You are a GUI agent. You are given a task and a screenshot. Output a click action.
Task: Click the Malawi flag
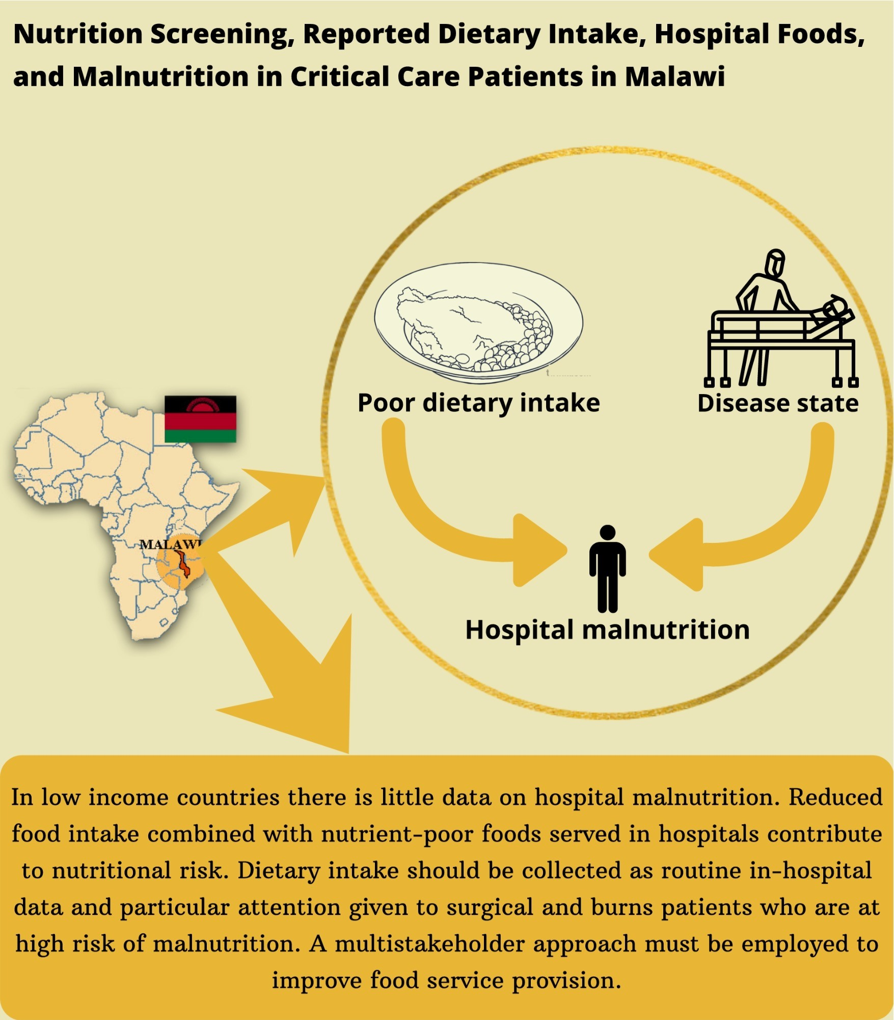click(x=200, y=419)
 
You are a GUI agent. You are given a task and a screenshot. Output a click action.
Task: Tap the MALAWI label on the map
click(x=171, y=544)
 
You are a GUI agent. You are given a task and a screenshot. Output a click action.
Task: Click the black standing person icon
click(x=608, y=568)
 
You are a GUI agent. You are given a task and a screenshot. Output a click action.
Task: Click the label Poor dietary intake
click(x=478, y=403)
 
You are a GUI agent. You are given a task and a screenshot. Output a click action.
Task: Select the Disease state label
click(x=778, y=403)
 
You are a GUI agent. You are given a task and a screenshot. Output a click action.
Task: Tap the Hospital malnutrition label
click(x=607, y=630)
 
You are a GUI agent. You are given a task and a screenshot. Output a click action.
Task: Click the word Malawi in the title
click(x=674, y=76)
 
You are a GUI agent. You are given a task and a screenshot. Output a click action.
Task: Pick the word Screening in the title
click(x=223, y=34)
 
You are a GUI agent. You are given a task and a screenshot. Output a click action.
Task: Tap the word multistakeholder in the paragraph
click(x=429, y=944)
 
